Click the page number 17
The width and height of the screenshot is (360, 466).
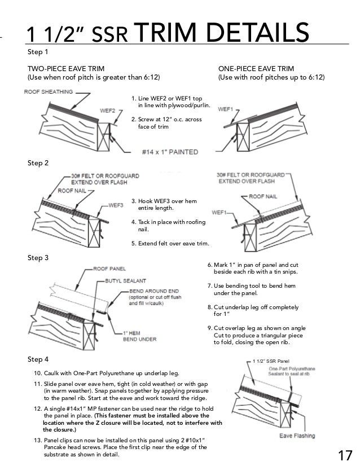(345, 455)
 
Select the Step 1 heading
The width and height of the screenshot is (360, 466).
(38, 51)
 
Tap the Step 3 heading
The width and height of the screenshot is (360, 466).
(38, 258)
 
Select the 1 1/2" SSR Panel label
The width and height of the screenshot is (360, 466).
(271, 360)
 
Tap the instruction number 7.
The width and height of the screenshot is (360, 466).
(210, 285)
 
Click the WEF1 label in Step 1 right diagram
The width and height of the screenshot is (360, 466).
(225, 107)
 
